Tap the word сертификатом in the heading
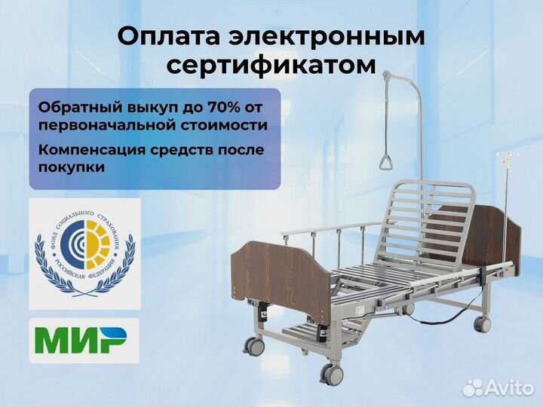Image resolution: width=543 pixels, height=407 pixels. pos(271,66)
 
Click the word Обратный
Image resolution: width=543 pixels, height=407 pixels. pos(74,106)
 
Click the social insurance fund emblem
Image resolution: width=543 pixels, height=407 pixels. pos(84,253)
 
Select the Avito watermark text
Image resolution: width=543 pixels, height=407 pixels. pos(511,387)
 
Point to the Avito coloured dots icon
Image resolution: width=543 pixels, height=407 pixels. pos(473,386)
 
